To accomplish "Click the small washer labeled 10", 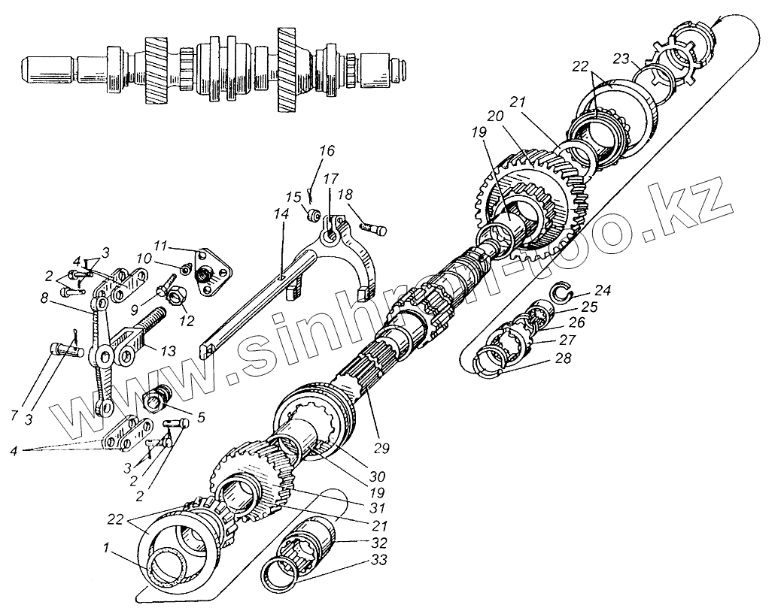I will pos(185,269).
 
